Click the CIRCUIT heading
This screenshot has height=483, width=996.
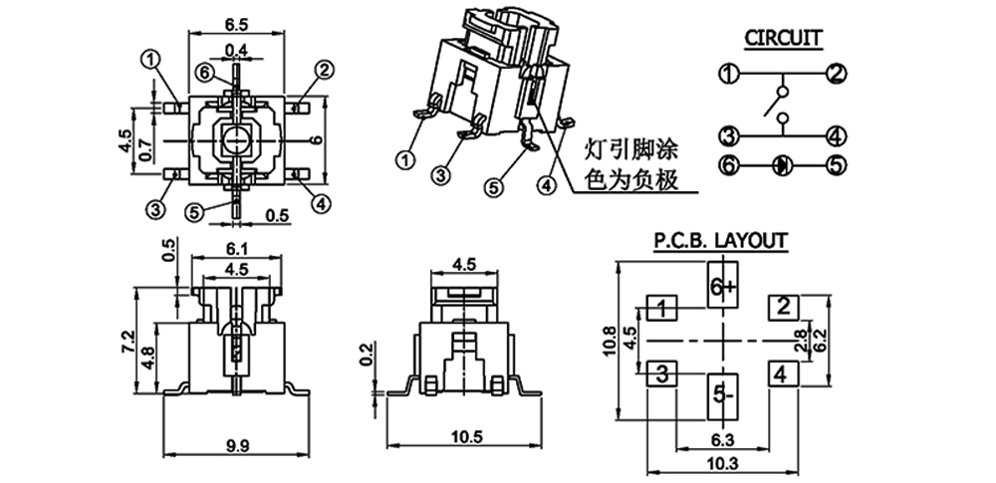pyautogui.click(x=783, y=39)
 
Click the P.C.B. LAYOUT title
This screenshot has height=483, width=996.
pyautogui.click(x=720, y=240)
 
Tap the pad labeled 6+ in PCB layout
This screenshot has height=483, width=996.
pyautogui.click(x=722, y=286)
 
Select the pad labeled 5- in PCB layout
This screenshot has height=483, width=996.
pyautogui.click(x=722, y=395)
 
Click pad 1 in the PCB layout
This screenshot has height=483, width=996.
pyautogui.click(x=662, y=309)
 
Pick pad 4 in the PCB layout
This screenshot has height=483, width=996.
pyautogui.click(x=782, y=375)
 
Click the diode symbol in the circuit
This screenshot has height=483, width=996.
pyautogui.click(x=782, y=165)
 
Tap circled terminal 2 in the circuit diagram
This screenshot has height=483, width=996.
pyautogui.click(x=837, y=73)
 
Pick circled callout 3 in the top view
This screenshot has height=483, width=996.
pyautogui.click(x=154, y=209)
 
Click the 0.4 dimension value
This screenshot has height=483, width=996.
pyautogui.click(x=236, y=50)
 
